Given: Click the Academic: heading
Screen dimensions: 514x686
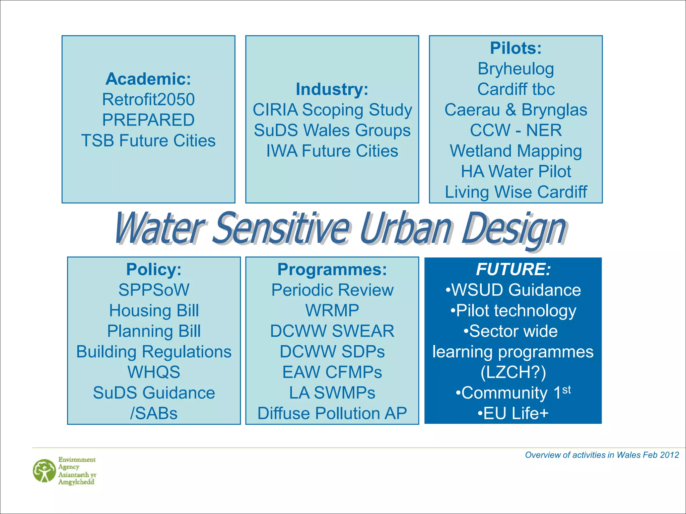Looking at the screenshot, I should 148,79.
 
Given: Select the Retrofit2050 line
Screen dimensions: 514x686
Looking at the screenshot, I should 148,99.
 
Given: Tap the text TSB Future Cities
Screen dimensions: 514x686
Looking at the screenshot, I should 148,141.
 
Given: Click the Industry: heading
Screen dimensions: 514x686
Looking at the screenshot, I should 332,89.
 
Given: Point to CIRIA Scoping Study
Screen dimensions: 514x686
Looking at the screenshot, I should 332,110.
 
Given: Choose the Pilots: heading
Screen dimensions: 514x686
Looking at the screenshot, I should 516,48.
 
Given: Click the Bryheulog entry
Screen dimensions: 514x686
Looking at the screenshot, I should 516,69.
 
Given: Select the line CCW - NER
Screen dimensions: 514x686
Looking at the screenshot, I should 516,130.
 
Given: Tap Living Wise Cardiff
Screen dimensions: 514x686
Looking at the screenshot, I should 516,192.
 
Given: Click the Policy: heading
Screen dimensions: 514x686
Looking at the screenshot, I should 154,269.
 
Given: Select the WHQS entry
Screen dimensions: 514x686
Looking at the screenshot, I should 154,372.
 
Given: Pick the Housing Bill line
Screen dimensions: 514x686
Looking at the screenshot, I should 154,311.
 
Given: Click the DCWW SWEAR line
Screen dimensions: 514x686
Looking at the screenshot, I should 332,331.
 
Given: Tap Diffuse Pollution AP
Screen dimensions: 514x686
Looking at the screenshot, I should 332,413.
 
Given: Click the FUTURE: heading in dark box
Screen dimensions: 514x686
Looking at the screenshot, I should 513,269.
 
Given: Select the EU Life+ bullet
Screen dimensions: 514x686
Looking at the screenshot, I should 513,413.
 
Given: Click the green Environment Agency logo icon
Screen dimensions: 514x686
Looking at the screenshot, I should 44,470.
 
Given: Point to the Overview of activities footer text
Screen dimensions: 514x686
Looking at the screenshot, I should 602,455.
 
